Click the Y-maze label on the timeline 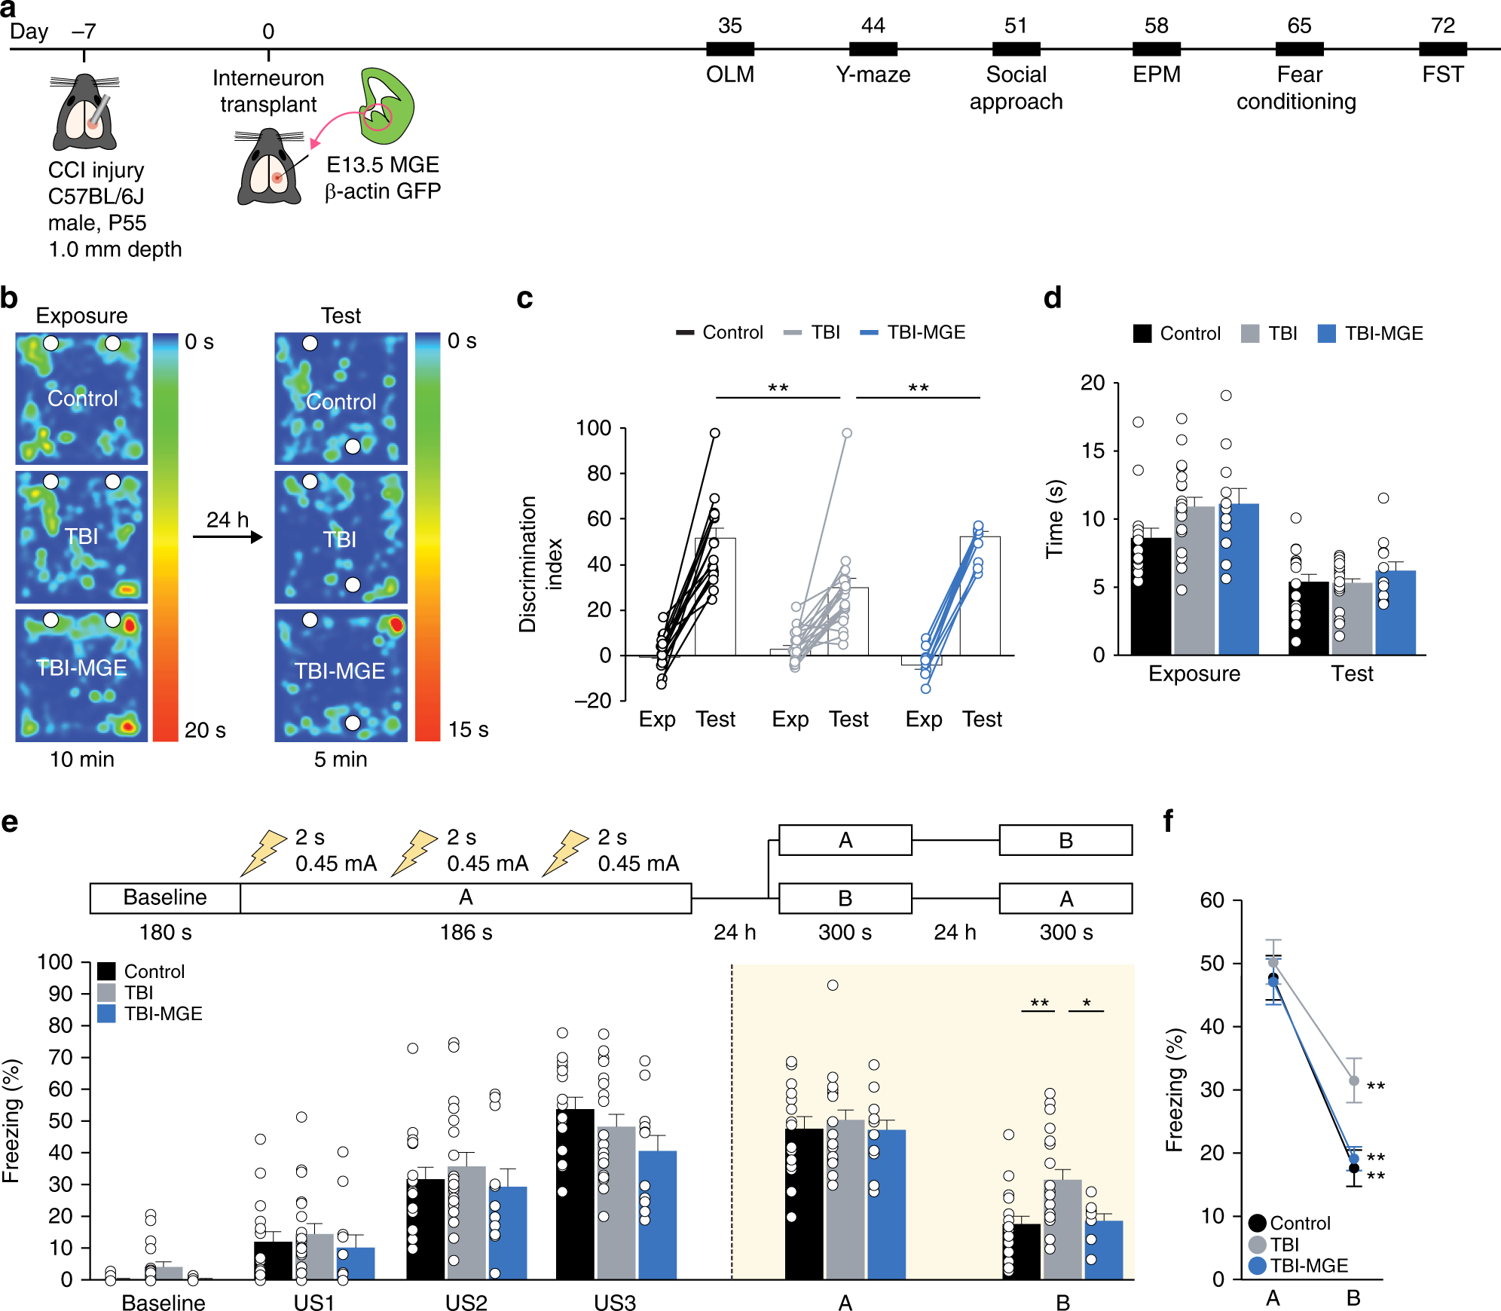tap(873, 75)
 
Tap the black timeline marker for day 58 tap(1156, 49)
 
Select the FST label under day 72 tap(1442, 75)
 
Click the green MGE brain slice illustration tap(387, 105)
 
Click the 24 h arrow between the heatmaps tap(227, 536)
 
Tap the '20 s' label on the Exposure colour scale tap(205, 730)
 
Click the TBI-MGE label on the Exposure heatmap tap(81, 668)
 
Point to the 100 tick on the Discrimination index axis tap(594, 428)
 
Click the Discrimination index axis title tap(539, 564)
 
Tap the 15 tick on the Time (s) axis tap(1093, 451)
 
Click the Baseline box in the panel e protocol tap(165, 897)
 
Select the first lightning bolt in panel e tap(263, 853)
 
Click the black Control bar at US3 tap(575, 1193)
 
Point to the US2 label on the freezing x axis tap(466, 1303)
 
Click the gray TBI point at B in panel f tap(1354, 1080)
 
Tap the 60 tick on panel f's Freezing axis tap(1212, 900)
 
